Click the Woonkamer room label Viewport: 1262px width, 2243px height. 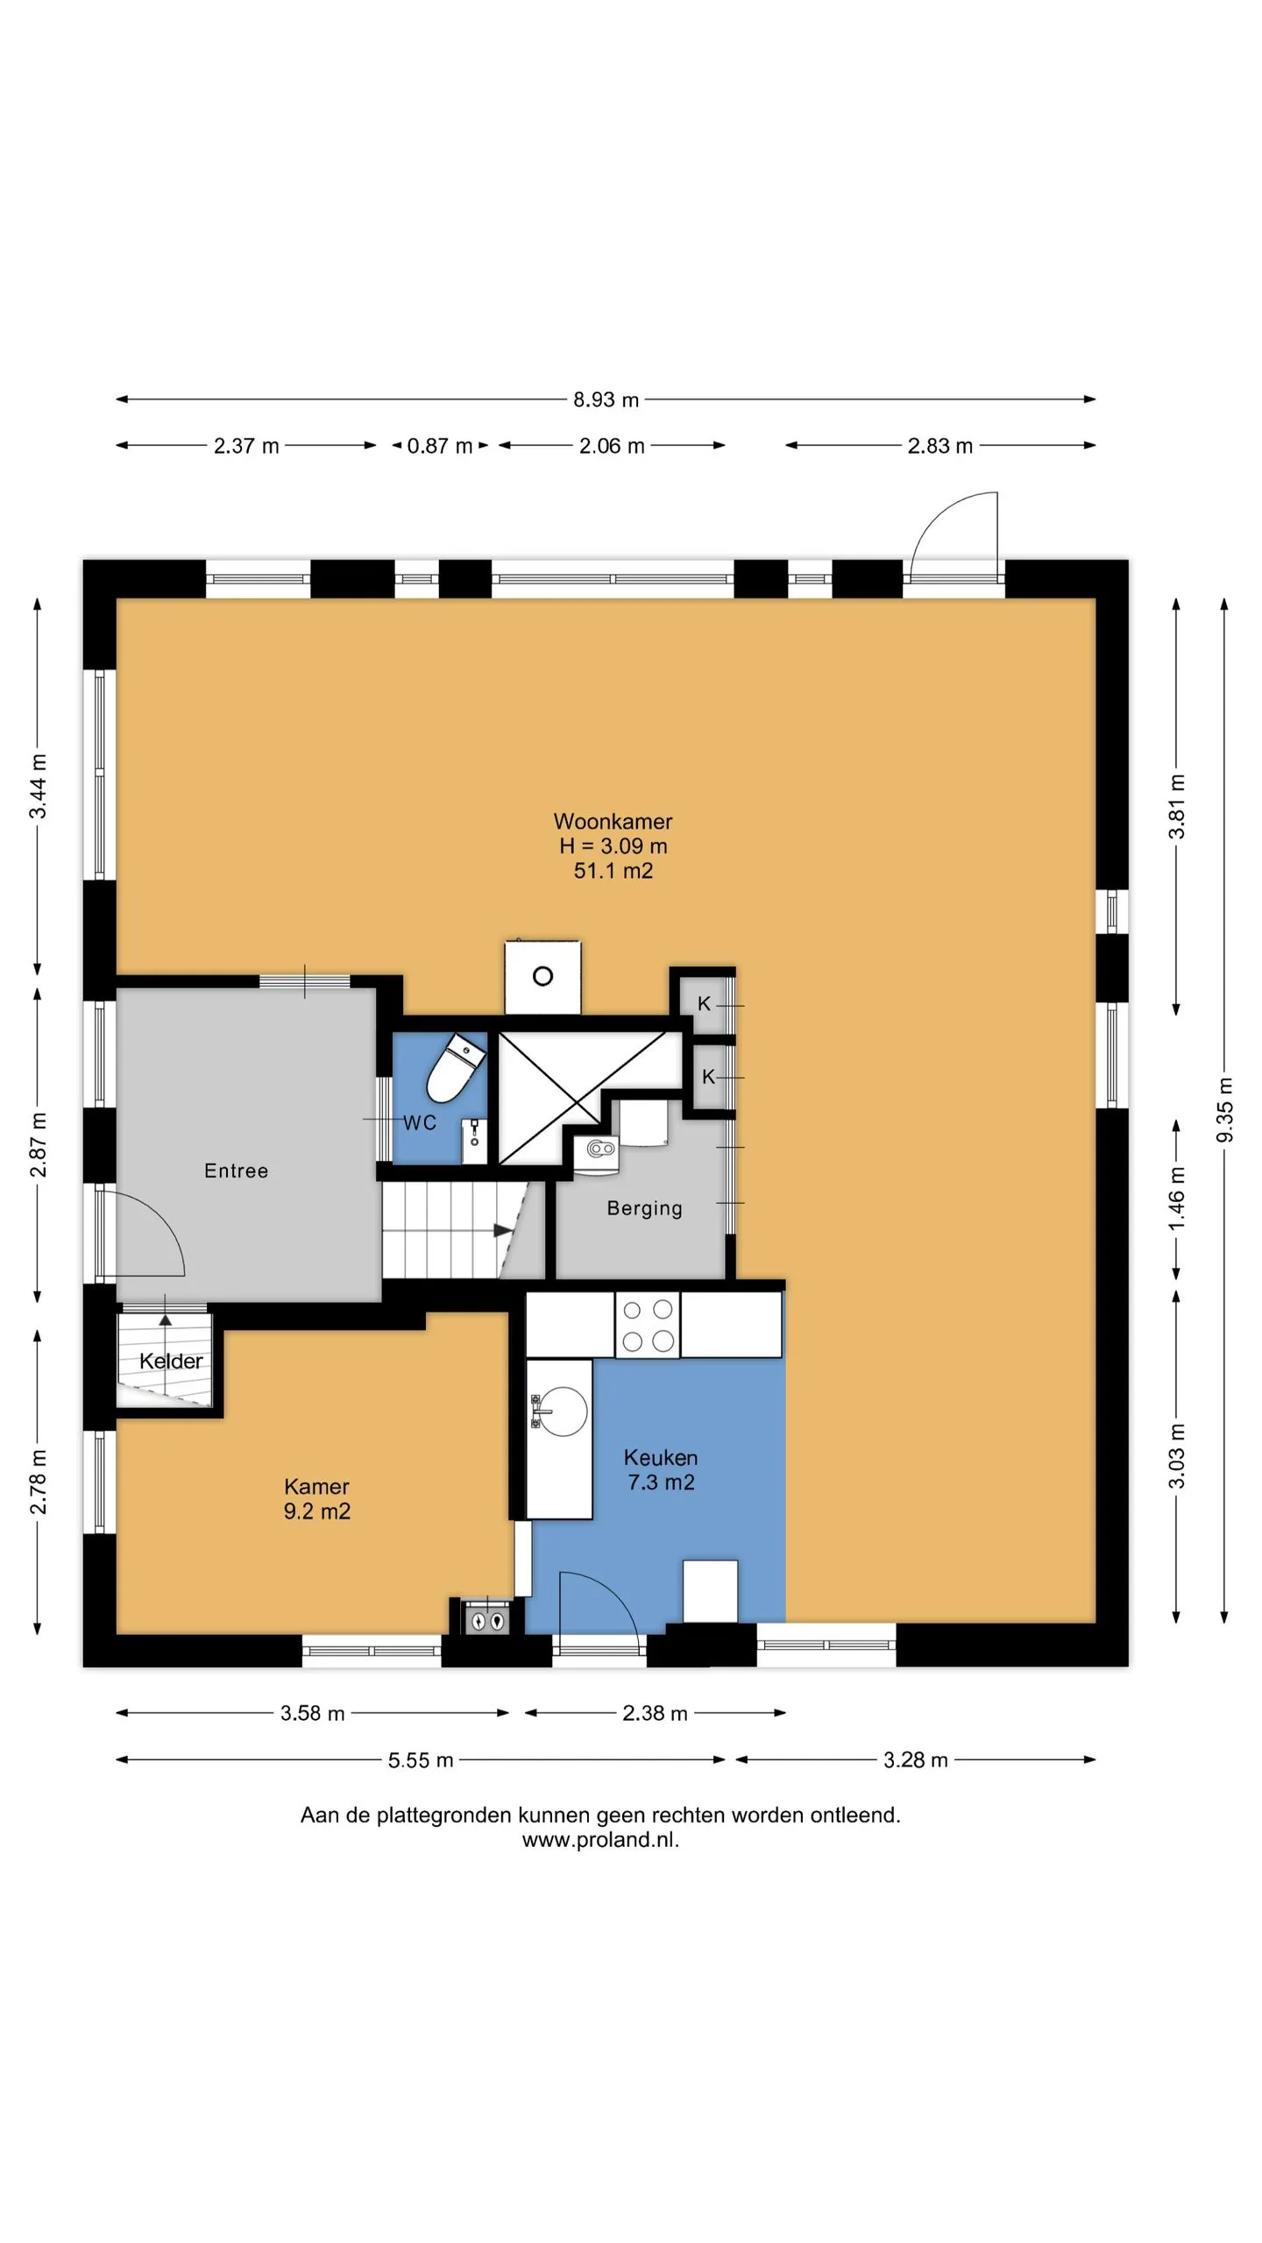pos(613,822)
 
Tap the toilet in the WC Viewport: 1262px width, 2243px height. pos(455,1067)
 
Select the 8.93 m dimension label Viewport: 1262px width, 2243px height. pos(606,400)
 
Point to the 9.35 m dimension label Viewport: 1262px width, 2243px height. pos(1225,1110)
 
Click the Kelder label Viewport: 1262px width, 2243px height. pos(171,1361)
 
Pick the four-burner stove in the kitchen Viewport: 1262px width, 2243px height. pos(648,1325)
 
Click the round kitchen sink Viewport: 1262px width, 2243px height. pos(561,1411)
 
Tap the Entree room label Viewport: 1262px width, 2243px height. pos(236,1171)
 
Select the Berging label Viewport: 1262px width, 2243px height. pos(644,1208)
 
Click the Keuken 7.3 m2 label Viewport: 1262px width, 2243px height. pos(661,1469)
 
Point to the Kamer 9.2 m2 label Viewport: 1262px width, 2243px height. pos(316,1498)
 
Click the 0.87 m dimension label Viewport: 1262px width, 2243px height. pos(440,446)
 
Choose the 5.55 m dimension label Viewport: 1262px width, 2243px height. pos(421,1760)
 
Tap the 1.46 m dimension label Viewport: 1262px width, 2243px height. pos(1177,1198)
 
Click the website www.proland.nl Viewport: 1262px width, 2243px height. pos(600,1839)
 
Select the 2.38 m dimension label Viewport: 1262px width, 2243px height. pos(655,1713)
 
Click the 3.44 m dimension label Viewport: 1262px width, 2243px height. pos(38,786)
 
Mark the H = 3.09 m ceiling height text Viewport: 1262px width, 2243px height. pos(613,846)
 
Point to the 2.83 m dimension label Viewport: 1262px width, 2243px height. pos(939,446)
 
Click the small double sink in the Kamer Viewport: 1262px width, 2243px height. pos(486,1619)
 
